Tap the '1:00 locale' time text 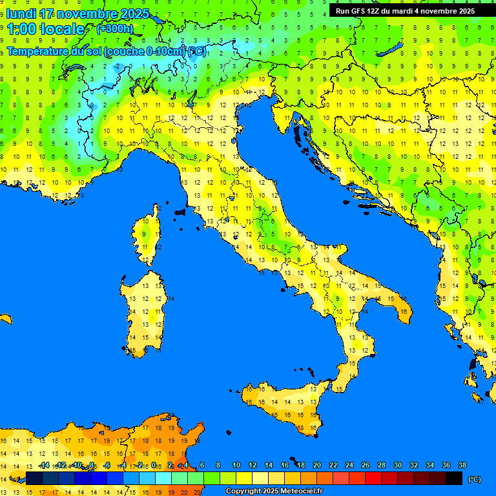click(46, 29)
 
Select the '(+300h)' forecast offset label click(115, 29)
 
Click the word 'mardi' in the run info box click(409, 11)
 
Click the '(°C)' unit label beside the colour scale click(474, 479)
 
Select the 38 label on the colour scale click(462, 465)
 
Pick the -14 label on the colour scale click(44, 465)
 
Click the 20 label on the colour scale click(317, 465)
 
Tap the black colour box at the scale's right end click(454, 479)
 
